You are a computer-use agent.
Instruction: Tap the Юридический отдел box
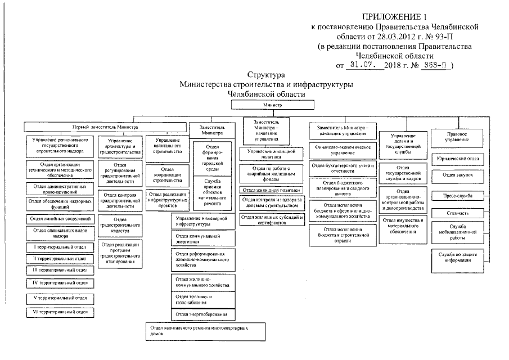[x=457, y=159]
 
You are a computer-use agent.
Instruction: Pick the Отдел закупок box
[x=457, y=175]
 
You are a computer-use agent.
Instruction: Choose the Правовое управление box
[x=457, y=137]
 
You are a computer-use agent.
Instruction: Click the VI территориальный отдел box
[x=60, y=312]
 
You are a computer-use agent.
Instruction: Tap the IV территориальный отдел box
[x=60, y=282]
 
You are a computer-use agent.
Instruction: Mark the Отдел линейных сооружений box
[x=60, y=218]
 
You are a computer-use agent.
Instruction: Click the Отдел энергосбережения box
[x=204, y=314]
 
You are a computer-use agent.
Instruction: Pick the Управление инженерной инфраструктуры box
[x=204, y=221]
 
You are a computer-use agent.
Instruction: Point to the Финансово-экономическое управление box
[x=339, y=150]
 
